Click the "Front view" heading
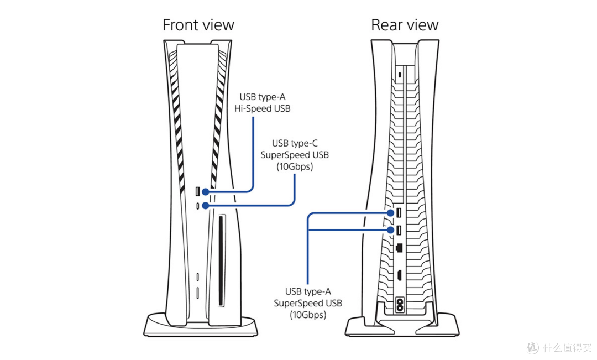(x=198, y=25)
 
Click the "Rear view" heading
(x=405, y=25)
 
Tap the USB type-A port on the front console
(x=197, y=191)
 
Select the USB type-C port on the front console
(x=197, y=206)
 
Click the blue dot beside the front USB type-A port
(x=206, y=192)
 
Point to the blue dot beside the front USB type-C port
(x=206, y=206)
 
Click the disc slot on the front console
(x=221, y=261)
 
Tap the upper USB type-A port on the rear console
(x=399, y=212)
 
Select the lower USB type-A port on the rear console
(x=399, y=230)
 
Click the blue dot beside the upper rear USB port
(x=390, y=213)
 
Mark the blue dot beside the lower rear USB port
(x=390, y=230)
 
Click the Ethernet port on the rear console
(x=399, y=248)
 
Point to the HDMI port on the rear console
(x=399, y=275)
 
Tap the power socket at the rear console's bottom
(x=400, y=304)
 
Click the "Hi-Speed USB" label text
(x=263, y=109)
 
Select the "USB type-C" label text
(x=295, y=143)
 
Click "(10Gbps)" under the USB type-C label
(x=295, y=166)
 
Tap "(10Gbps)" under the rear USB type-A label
(x=308, y=315)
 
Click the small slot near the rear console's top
(x=400, y=74)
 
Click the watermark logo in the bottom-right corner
(x=533, y=347)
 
